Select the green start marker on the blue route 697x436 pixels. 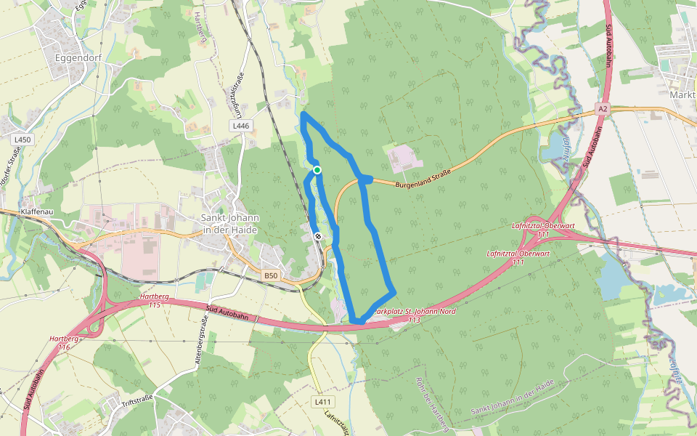[317, 170]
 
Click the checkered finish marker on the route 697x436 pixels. [317, 236]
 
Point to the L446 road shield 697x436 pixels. [240, 126]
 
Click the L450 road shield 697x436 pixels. [23, 139]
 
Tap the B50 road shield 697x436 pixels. [271, 276]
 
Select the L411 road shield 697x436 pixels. [323, 402]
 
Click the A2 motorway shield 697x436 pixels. [602, 108]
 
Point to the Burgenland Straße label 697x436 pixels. [424, 179]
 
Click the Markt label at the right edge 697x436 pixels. [682, 95]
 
